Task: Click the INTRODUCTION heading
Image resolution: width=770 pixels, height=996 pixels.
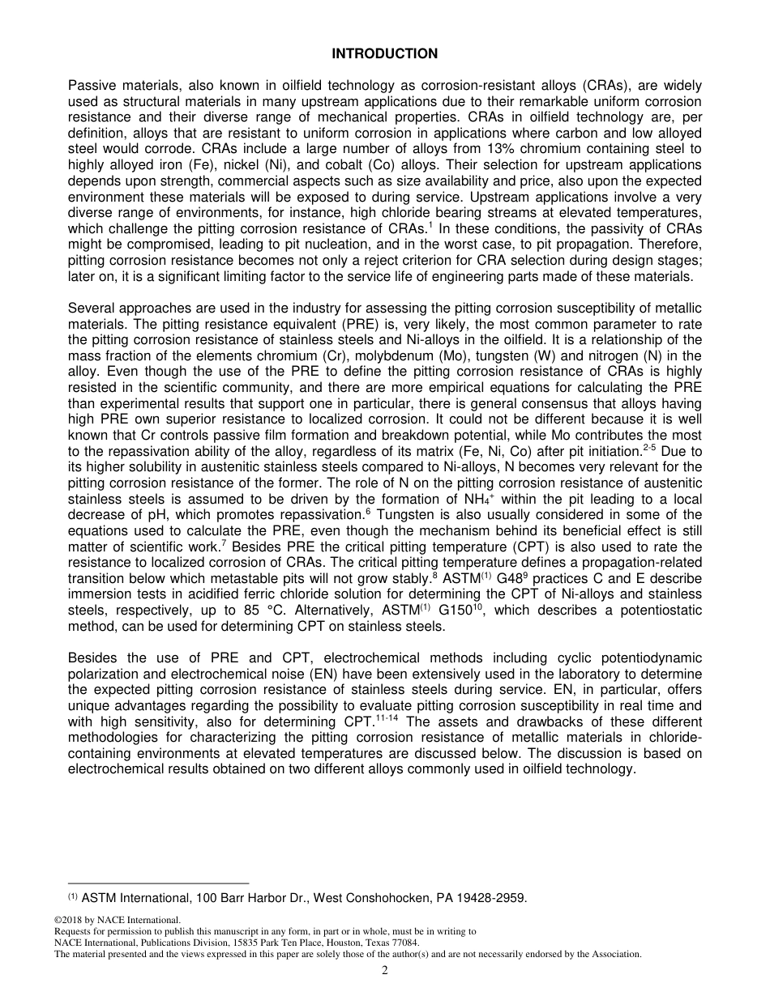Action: tap(384, 53)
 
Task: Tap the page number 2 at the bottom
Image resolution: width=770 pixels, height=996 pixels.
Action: tap(385, 972)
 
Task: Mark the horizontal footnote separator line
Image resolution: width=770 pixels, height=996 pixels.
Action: tap(158, 883)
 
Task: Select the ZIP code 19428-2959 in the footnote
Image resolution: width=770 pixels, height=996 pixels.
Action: tap(490, 897)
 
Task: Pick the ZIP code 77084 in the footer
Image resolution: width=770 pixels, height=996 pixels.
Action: tap(404, 943)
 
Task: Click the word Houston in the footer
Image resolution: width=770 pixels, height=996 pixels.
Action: tap(344, 943)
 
